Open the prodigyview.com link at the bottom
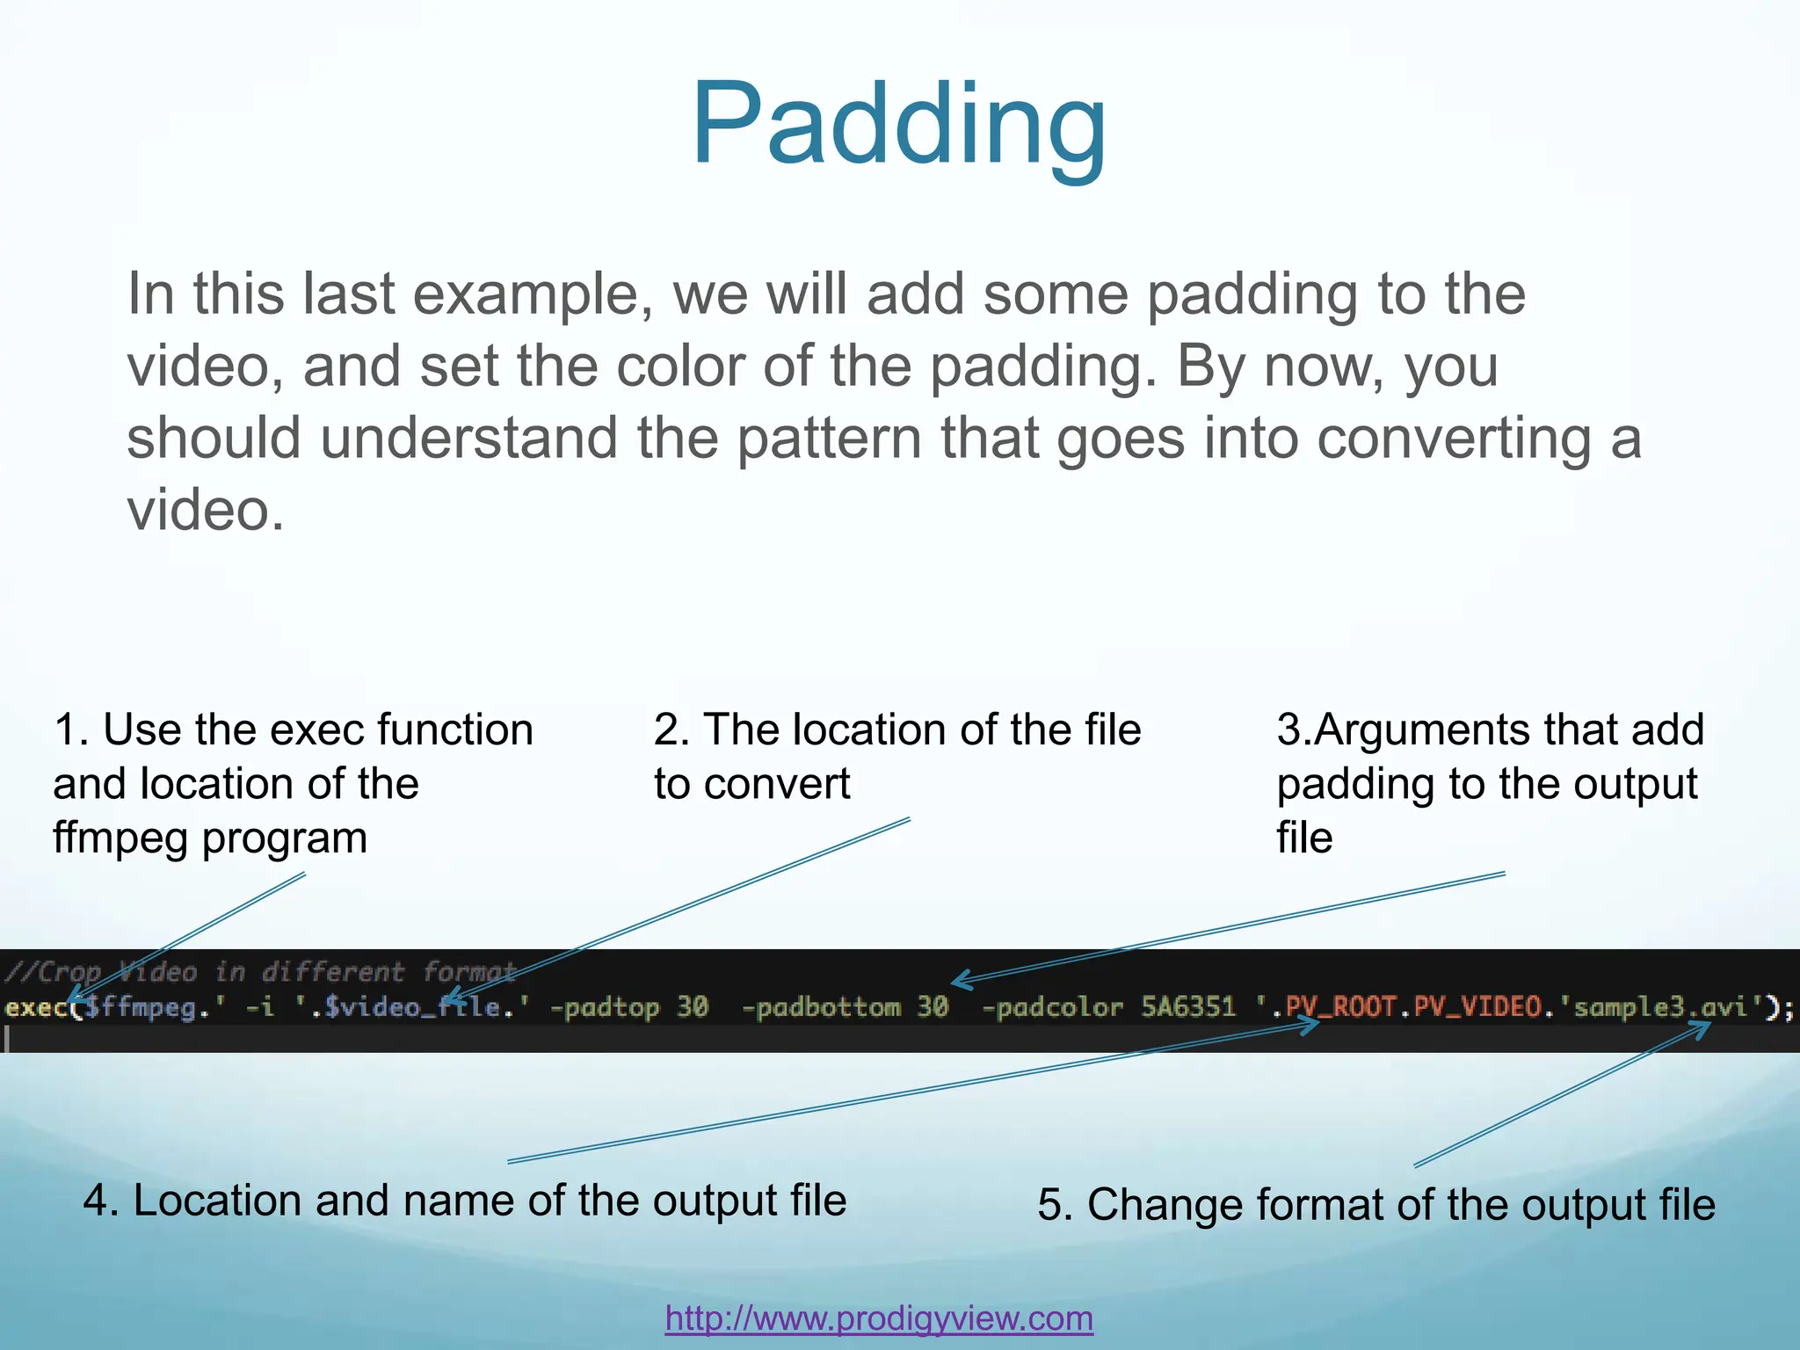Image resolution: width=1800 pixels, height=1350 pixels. tap(879, 1318)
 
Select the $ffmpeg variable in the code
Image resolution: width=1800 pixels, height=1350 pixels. tap(141, 1007)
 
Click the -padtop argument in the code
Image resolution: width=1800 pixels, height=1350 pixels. tap(605, 1007)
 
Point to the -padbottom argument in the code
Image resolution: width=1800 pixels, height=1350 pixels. tap(821, 1007)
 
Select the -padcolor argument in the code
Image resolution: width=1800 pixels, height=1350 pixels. tap(1051, 1007)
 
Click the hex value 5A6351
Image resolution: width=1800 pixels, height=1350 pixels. tap(1188, 1007)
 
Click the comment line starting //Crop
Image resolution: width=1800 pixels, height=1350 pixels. tap(259, 972)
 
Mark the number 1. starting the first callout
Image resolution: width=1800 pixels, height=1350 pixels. tap(70, 730)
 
